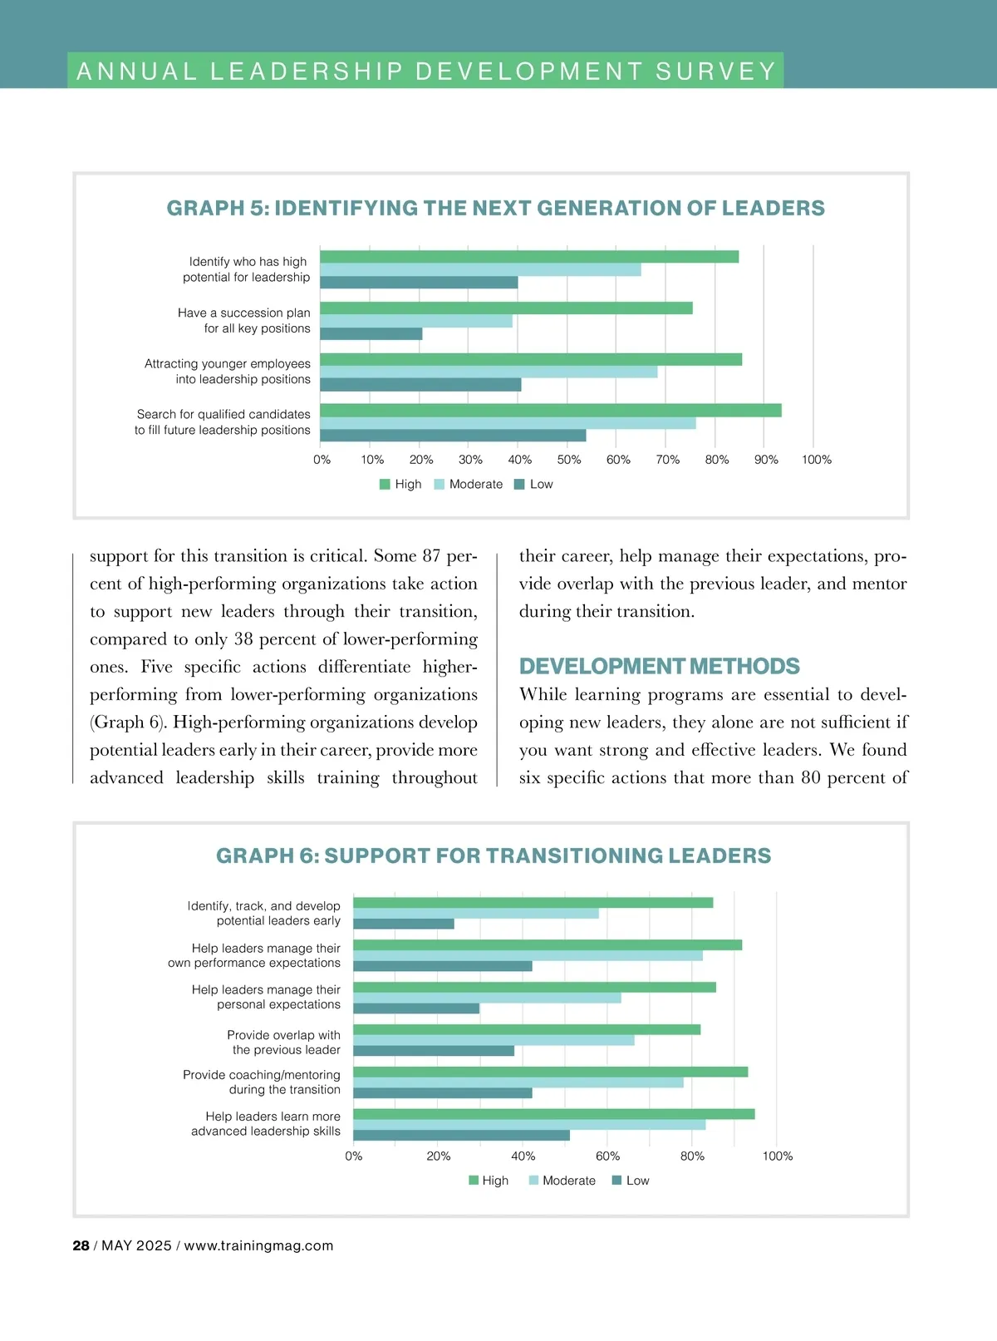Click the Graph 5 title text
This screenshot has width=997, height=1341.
[x=495, y=208]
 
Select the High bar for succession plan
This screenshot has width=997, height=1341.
[x=505, y=308]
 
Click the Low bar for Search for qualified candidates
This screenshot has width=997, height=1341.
[x=453, y=436]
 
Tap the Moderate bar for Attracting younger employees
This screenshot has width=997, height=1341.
[x=489, y=372]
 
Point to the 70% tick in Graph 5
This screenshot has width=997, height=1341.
[x=667, y=460]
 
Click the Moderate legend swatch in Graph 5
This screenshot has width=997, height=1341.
[x=439, y=485]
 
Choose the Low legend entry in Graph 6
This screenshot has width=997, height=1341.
[x=631, y=1181]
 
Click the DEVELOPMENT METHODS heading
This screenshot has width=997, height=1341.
[x=659, y=667]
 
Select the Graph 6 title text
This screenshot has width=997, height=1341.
[x=494, y=855]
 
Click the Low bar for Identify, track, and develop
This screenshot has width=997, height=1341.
[x=404, y=924]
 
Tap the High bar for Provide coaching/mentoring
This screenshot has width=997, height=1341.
[x=550, y=1072]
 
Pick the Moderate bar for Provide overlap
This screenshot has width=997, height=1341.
[x=494, y=1040]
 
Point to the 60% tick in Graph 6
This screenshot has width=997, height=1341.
[x=607, y=1156]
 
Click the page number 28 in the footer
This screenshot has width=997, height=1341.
[x=81, y=1245]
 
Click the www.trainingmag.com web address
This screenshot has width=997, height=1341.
[x=258, y=1245]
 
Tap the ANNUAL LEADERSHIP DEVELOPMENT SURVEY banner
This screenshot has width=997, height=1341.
[x=425, y=71]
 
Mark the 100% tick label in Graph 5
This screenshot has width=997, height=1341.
[x=816, y=460]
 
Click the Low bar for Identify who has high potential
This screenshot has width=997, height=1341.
[x=419, y=283]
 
